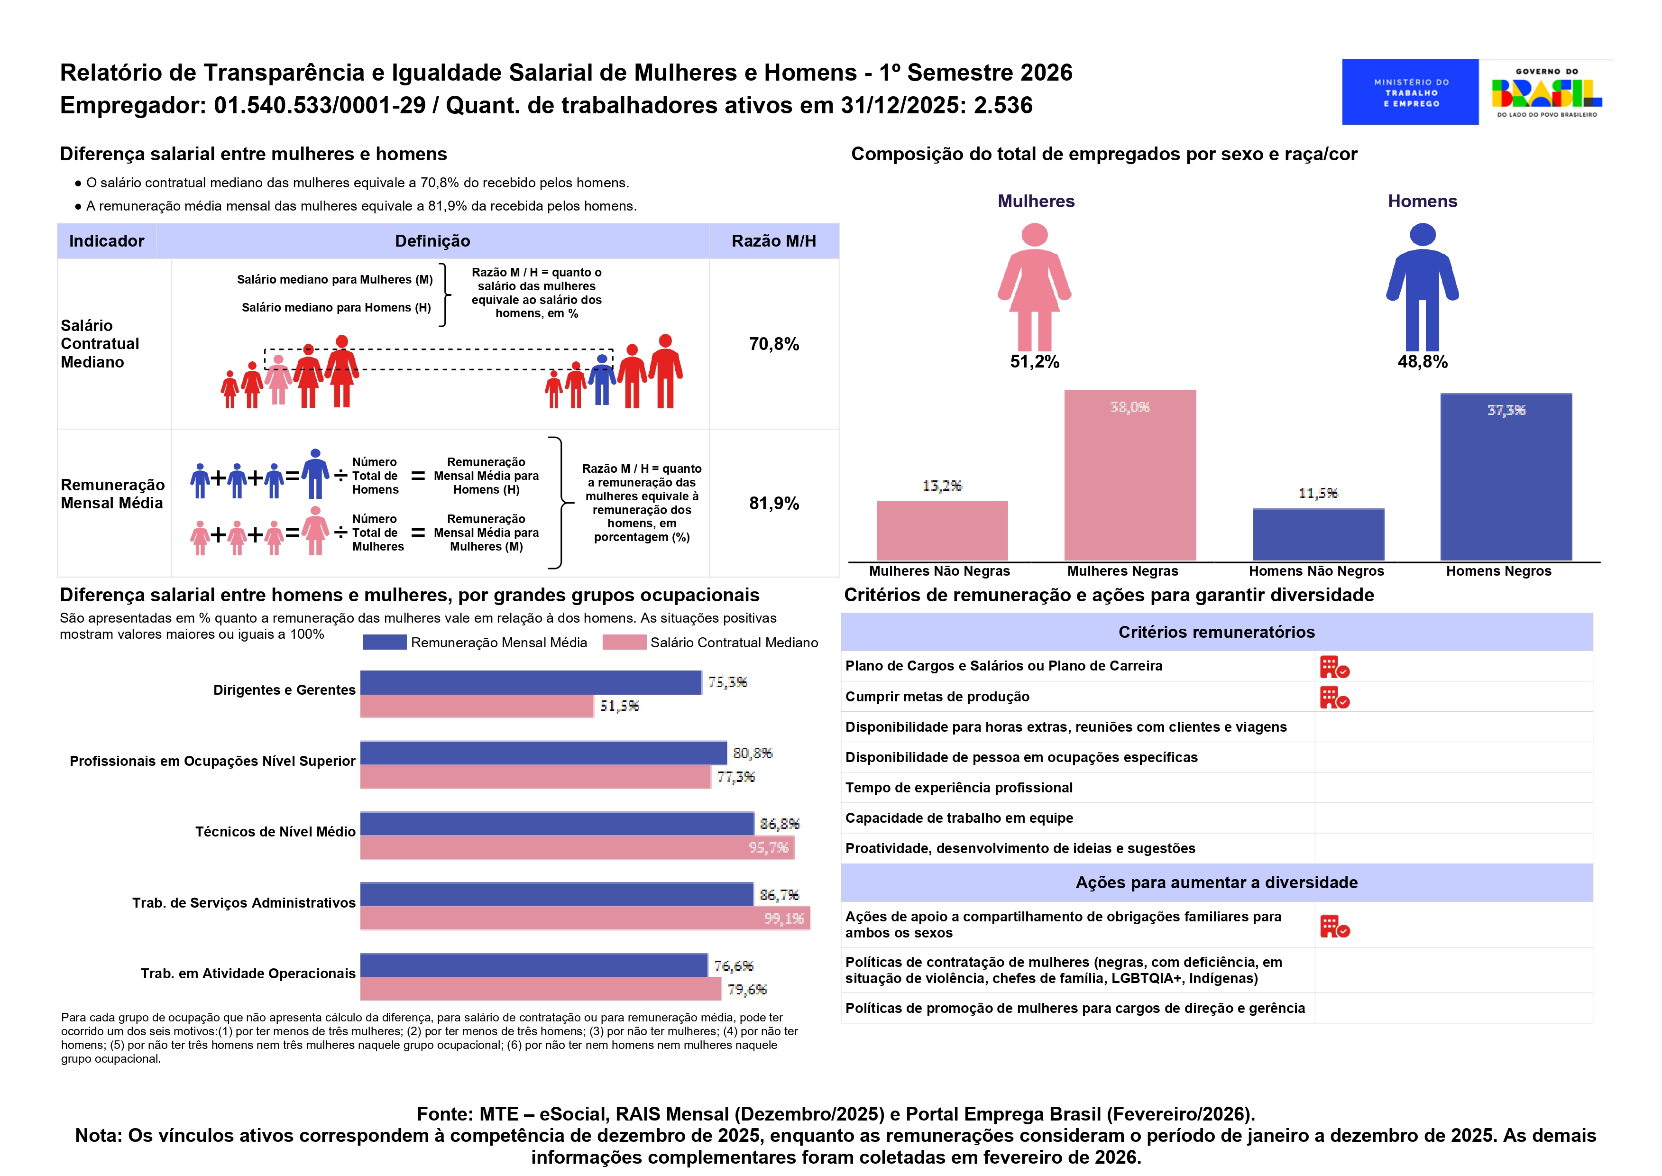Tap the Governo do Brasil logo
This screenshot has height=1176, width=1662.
click(x=1546, y=92)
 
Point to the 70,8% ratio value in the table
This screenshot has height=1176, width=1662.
click(x=773, y=344)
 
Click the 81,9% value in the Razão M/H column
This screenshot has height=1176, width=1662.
click(x=773, y=503)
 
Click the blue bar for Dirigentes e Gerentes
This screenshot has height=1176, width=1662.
click(x=530, y=682)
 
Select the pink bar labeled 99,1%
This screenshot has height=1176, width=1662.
click(x=584, y=918)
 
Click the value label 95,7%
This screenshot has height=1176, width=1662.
click(x=768, y=847)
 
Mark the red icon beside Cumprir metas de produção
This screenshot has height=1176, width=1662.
click(x=1334, y=698)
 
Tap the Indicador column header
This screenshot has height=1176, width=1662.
click(x=107, y=241)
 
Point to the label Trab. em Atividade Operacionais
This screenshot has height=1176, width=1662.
click(x=248, y=973)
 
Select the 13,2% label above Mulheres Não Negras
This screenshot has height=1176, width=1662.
click(x=941, y=485)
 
